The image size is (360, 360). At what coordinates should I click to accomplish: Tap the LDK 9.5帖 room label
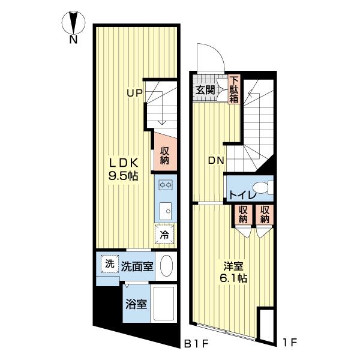123,169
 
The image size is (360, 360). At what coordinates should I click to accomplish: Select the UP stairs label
135,93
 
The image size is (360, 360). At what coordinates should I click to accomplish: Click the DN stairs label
216,160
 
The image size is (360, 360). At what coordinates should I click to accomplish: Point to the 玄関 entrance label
205,90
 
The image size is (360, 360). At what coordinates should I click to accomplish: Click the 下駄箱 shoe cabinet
234,89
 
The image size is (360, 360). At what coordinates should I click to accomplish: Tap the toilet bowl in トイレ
261,188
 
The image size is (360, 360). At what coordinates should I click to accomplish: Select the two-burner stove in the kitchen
166,184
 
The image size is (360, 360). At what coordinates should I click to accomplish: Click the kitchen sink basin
166,211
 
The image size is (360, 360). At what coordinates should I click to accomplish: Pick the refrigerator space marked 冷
164,234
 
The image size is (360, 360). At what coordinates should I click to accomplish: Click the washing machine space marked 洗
110,264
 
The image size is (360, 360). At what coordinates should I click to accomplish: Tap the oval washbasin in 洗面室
166,266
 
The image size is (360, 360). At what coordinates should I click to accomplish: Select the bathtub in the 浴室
164,304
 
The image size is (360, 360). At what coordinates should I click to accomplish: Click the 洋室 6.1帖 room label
233,272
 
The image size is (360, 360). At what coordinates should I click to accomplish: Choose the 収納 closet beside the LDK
165,152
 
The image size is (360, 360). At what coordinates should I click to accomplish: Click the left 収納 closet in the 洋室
243,215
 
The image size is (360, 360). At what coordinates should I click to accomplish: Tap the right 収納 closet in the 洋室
265,215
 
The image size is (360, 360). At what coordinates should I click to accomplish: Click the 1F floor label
290,343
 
